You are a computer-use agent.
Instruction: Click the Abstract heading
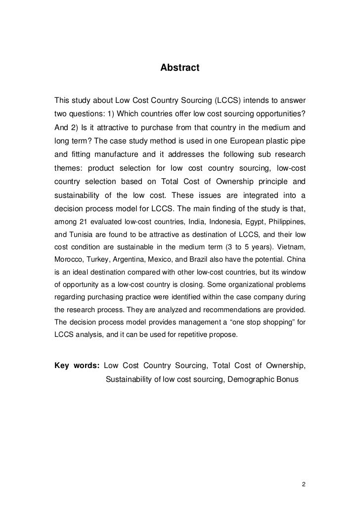[180, 68]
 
